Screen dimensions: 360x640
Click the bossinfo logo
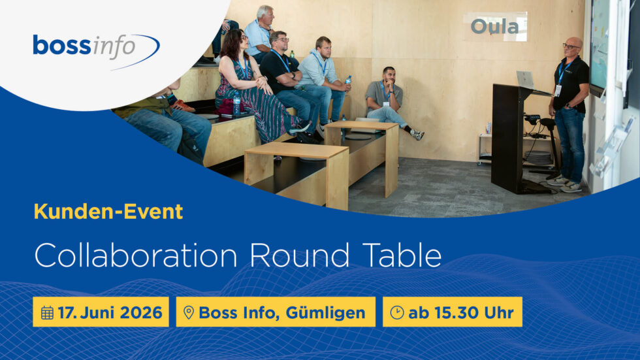click(95, 47)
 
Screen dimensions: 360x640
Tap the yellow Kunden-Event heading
click(108, 211)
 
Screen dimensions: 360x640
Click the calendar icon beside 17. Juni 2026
click(47, 312)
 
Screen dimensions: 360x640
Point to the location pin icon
click(188, 312)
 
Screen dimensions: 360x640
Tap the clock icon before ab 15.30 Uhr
click(396, 312)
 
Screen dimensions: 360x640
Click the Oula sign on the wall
click(494, 27)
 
